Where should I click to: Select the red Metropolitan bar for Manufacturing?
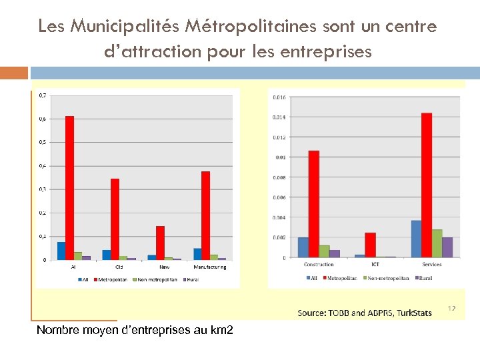pyautogui.click(x=205, y=215)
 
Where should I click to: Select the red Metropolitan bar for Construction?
pyautogui.click(x=313, y=204)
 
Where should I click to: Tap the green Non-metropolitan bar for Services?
pyautogui.click(x=437, y=243)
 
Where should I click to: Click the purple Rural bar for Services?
pyautogui.click(x=447, y=247)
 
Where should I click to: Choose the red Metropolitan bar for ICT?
pyautogui.click(x=370, y=245)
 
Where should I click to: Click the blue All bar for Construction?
pyautogui.click(x=303, y=247)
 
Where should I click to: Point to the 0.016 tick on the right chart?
pyautogui.click(x=279, y=97)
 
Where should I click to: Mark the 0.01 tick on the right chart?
pyautogui.click(x=280, y=157)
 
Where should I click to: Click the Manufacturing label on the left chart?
pyautogui.click(x=210, y=267)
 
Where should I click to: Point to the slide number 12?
pyautogui.click(x=451, y=309)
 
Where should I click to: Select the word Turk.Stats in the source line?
pyautogui.click(x=414, y=313)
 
